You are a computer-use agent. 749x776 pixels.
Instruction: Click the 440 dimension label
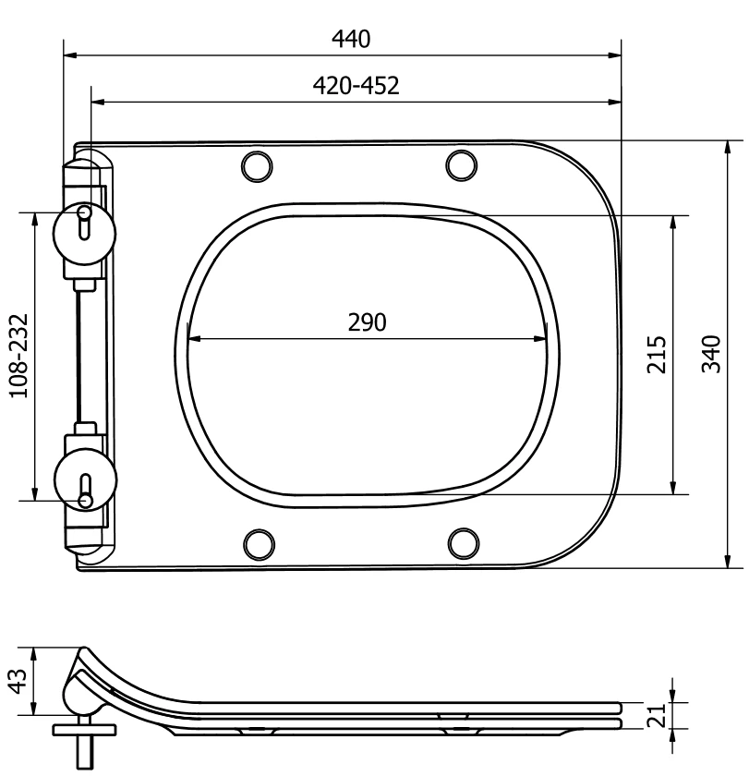[351, 39]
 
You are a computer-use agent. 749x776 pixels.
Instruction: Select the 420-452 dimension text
[356, 86]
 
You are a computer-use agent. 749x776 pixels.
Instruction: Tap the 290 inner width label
[367, 322]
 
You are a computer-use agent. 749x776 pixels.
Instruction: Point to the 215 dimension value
[658, 355]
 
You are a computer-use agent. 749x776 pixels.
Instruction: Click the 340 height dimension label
[711, 354]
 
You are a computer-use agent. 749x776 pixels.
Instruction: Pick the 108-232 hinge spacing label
[19, 356]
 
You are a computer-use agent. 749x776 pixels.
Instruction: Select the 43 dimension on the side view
[18, 682]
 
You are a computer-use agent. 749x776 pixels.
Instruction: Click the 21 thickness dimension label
[657, 715]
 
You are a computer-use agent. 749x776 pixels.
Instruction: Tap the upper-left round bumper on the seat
[257, 166]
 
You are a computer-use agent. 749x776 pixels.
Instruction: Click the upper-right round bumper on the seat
[462, 165]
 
